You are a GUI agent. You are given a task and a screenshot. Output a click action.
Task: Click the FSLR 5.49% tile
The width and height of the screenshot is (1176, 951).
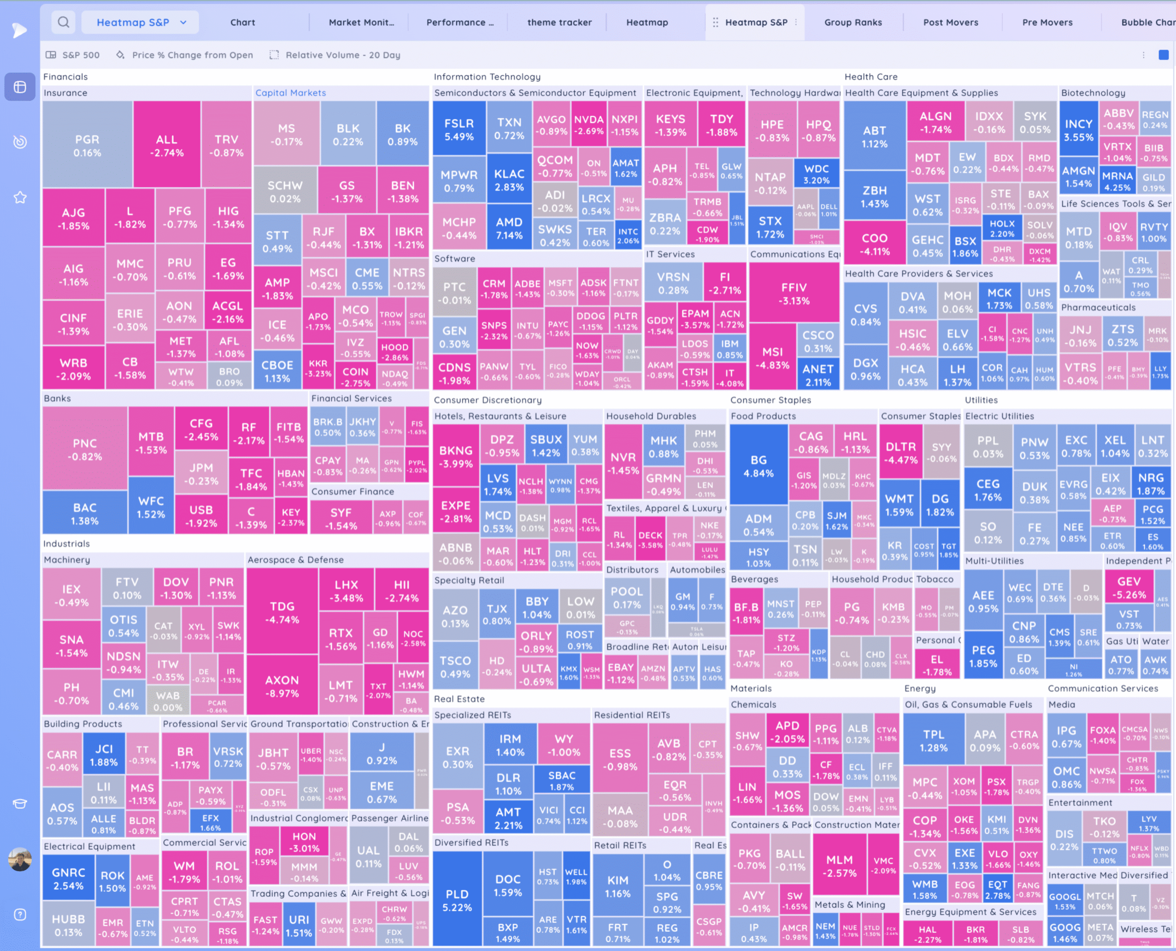[459, 129]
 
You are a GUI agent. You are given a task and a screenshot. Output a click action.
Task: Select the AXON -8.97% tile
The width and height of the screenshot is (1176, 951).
[282, 686]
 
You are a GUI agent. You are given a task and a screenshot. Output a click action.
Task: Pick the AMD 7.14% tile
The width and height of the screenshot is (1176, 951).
[509, 228]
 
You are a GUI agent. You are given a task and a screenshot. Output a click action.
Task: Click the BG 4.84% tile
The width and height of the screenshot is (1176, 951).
[758, 466]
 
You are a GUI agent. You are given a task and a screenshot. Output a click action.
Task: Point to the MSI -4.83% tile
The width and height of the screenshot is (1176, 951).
[772, 358]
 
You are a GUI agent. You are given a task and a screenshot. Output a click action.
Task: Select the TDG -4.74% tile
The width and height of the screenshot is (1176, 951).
[282, 612]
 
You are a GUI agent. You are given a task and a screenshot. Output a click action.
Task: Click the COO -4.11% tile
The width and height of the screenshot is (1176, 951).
[874, 244]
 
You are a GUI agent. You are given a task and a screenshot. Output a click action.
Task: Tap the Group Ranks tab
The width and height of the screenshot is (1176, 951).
[853, 23]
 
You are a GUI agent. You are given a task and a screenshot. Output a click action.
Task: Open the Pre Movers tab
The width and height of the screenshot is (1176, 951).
[1047, 23]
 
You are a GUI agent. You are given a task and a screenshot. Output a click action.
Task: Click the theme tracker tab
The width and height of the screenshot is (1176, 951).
[559, 23]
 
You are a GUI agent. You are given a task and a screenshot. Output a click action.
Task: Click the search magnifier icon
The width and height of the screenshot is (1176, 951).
[63, 23]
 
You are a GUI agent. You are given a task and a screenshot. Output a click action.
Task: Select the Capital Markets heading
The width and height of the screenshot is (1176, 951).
[290, 93]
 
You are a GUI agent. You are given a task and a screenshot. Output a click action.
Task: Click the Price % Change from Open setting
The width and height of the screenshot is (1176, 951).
[192, 55]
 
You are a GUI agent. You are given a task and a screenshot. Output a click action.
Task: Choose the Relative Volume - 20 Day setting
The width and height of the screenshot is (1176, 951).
[342, 55]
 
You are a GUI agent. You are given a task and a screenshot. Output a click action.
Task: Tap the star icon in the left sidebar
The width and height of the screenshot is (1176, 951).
[20, 197]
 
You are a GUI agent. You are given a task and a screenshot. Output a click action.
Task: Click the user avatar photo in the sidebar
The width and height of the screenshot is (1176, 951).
[20, 859]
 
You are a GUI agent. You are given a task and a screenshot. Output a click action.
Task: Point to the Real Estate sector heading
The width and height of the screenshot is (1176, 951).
[459, 699]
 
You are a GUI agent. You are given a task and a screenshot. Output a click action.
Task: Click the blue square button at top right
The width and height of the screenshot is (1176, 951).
[1164, 55]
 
